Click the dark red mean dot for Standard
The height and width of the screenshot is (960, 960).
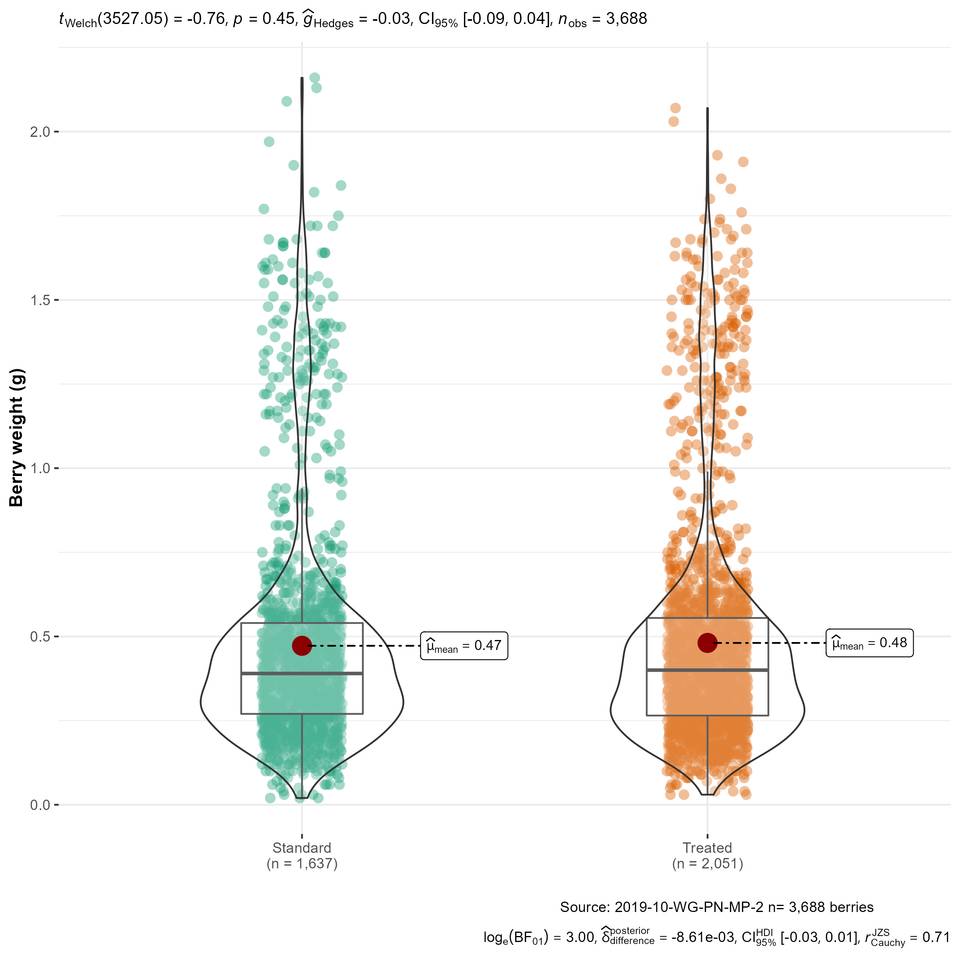[302, 646]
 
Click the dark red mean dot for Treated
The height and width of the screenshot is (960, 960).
[707, 643]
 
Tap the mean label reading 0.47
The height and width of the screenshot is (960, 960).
[464, 646]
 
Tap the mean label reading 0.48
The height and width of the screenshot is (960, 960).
[869, 643]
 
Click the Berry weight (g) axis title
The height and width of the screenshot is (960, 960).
[17, 438]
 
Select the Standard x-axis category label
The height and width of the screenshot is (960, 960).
[302, 847]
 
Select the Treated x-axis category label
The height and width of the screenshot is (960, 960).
[707, 847]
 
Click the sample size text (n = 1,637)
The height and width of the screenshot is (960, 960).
[302, 863]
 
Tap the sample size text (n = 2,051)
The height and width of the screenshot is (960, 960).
[707, 863]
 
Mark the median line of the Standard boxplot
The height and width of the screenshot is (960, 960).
[302, 674]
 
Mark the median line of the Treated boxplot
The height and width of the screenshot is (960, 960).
[707, 670]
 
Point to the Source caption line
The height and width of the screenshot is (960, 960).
[717, 907]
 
